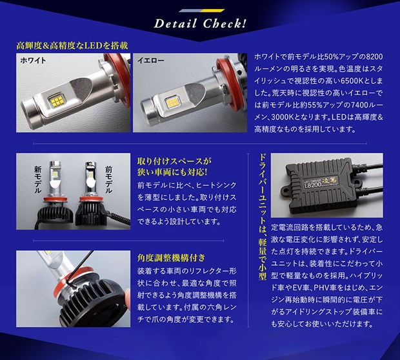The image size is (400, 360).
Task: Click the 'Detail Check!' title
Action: tap(200, 24)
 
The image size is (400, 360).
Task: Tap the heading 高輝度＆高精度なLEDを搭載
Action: tap(72, 46)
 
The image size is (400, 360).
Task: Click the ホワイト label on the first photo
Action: tap(33, 61)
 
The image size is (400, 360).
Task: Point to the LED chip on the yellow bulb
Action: tap(173, 101)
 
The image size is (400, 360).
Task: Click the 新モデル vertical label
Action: tap(38, 179)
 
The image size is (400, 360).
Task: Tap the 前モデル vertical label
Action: tap(108, 179)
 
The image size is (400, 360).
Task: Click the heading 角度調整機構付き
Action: tap(171, 257)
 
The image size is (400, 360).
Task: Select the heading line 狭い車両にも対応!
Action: tap(172, 172)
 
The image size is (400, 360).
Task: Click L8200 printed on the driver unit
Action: tap(312, 186)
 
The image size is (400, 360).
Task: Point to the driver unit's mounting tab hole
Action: tap(286, 191)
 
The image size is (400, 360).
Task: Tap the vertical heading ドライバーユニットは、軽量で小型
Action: tap(263, 216)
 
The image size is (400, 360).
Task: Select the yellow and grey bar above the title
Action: tap(202, 11)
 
